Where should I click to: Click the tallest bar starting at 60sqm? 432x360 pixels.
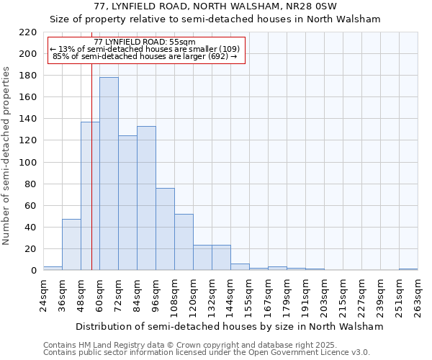pos(109,174)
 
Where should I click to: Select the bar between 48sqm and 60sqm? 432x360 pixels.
pos(90,196)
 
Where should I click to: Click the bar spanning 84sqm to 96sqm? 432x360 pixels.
pos(146,198)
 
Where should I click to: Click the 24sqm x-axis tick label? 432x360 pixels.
pos(44,294)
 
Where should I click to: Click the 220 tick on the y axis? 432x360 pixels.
pos(28,32)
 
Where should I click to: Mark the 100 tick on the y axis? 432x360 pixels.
pos(28,163)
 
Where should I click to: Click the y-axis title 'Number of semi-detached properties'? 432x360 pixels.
pos(7,156)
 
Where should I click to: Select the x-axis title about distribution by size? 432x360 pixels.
pos(230,327)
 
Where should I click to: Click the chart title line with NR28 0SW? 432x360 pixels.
pos(215,6)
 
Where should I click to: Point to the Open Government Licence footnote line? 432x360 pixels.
pos(207,352)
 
